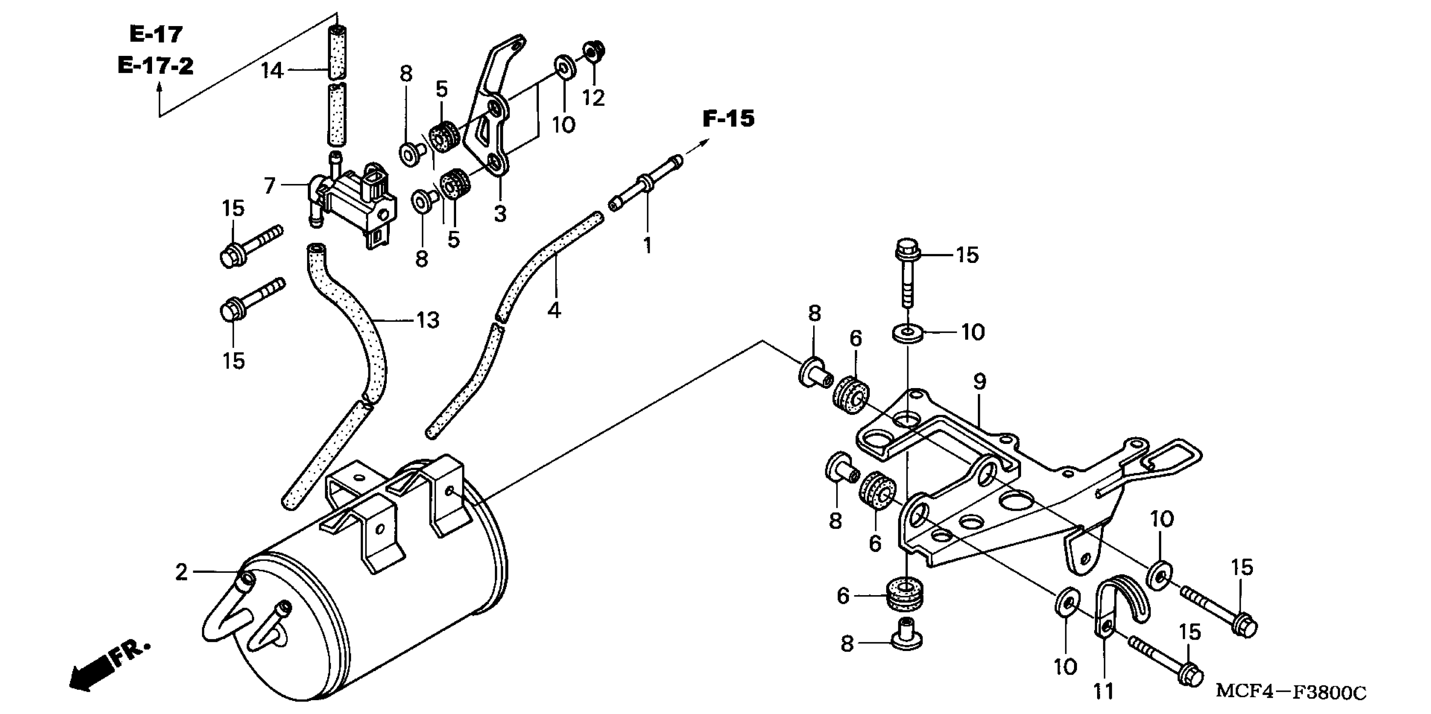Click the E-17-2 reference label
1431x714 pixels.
[x=155, y=66]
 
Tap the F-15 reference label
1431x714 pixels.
[x=728, y=118]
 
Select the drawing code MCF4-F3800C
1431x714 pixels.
[x=1290, y=692]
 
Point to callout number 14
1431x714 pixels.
[x=272, y=71]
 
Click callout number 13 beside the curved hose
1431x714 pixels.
[x=428, y=320]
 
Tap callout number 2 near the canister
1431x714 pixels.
[x=181, y=572]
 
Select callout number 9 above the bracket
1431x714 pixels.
[x=979, y=382]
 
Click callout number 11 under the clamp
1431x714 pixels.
[x=1104, y=692]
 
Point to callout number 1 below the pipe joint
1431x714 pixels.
[x=647, y=245]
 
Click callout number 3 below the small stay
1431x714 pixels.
[x=500, y=213]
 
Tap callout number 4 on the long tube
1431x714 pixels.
[x=554, y=310]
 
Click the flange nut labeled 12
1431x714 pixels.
[x=594, y=52]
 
